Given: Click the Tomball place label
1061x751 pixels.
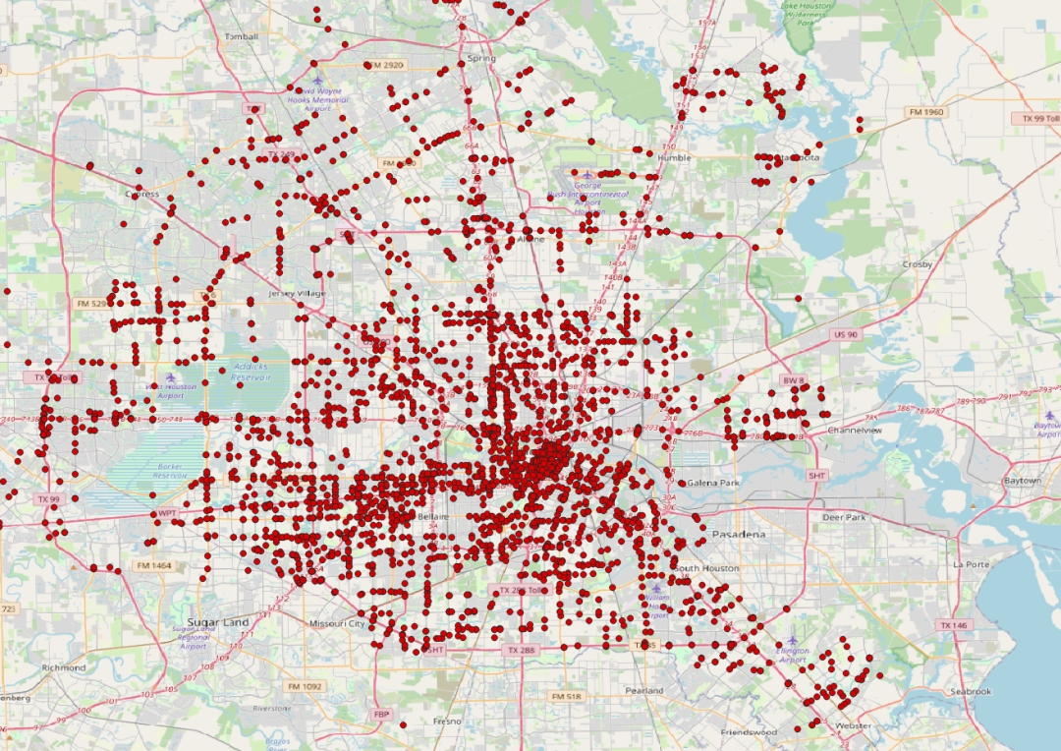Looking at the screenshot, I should pyautogui.click(x=241, y=36).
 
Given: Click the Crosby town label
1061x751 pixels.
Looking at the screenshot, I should pyautogui.click(x=918, y=264).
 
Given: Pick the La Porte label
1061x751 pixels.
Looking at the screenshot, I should pyautogui.click(x=970, y=564).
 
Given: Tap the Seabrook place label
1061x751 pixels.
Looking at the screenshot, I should pyautogui.click(x=970, y=691).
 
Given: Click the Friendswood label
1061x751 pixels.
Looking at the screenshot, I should pyautogui.click(x=749, y=732).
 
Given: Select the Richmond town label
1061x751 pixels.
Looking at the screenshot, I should pyautogui.click(x=64, y=667).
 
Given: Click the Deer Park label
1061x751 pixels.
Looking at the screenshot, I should pyautogui.click(x=844, y=517).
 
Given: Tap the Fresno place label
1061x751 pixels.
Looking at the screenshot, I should pyautogui.click(x=447, y=721).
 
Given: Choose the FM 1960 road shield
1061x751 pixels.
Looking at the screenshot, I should pyautogui.click(x=925, y=112).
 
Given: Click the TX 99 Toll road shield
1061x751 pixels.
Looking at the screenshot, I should pyautogui.click(x=1039, y=118).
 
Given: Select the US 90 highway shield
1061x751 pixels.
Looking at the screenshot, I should pyautogui.click(x=845, y=334).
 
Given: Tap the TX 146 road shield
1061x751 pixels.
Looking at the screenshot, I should pyautogui.click(x=953, y=625).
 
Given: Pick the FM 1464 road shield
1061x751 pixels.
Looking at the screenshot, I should pyautogui.click(x=154, y=566).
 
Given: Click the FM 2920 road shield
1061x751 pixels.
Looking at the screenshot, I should pyautogui.click(x=384, y=65).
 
